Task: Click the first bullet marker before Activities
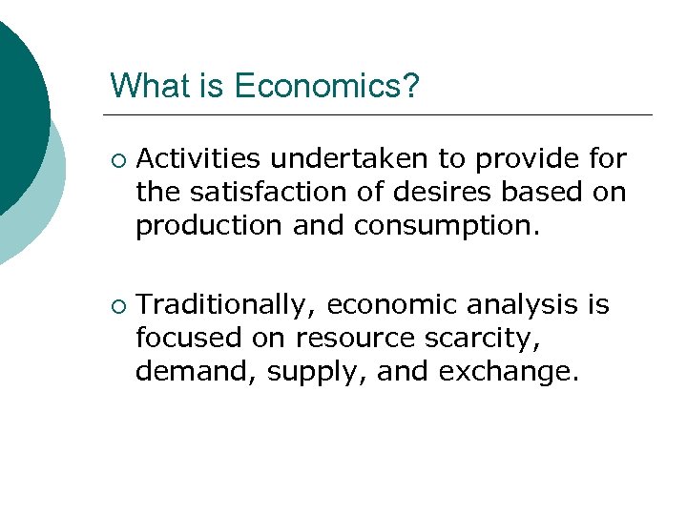(116, 158)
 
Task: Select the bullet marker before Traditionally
(116, 305)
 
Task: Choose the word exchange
(509, 372)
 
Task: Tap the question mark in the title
(410, 86)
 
